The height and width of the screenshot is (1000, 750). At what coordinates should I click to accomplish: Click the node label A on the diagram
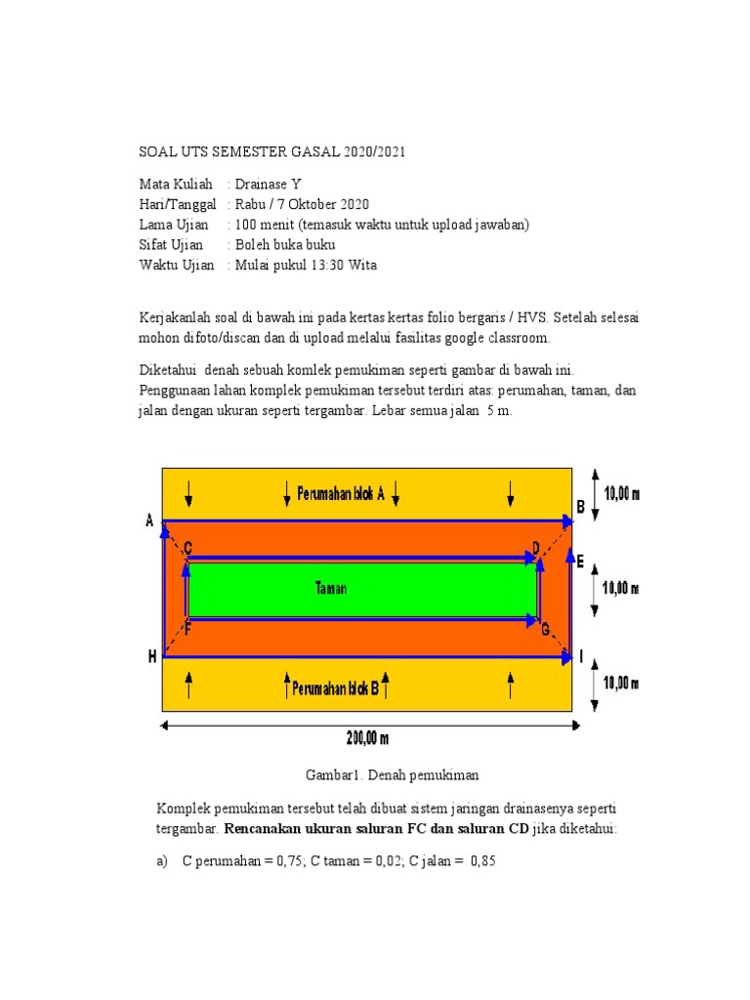click(150, 521)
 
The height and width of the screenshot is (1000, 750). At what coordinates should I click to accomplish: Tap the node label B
click(580, 507)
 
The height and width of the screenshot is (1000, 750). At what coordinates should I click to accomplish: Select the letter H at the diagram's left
click(152, 657)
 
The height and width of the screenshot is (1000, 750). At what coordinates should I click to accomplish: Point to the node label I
click(582, 657)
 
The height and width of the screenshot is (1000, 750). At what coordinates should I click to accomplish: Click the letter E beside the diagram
click(580, 562)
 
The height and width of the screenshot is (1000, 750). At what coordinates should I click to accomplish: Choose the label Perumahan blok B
click(335, 687)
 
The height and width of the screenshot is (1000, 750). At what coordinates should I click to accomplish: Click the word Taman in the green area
click(331, 589)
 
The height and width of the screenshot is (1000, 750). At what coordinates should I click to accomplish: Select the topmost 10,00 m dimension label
click(623, 494)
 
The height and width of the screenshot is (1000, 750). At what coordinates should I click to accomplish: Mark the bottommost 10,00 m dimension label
click(621, 684)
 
